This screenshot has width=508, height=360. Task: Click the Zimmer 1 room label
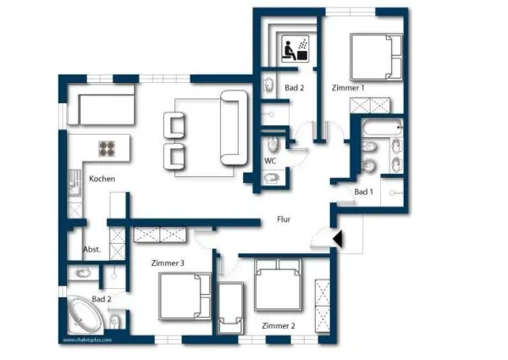349,87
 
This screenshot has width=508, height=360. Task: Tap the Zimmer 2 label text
278,326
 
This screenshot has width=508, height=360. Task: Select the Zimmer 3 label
168,263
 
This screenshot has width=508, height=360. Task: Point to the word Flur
284,219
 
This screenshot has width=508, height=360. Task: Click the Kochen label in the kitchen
102,179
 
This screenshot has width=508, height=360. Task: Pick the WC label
270,160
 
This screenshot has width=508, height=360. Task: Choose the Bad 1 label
363,192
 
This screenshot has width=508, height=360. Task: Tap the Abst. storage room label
91,249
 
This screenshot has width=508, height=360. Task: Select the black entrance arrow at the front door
338,241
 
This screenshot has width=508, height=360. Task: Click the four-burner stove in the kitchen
108,149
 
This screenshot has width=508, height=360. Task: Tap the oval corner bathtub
84,318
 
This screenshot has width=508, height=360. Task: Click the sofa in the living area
231,129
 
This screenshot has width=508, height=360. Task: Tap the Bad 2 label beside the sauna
294,87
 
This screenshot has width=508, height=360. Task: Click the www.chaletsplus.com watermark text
86,341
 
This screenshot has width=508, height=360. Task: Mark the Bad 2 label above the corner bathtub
101,299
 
